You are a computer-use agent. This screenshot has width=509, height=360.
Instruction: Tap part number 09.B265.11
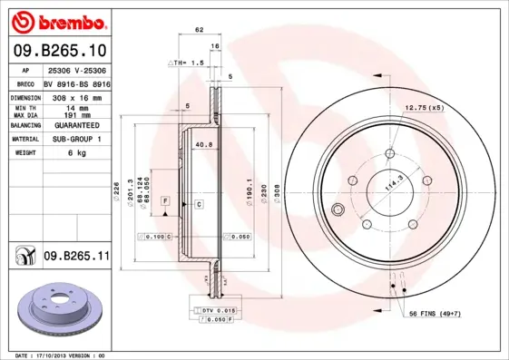click(x=76, y=258)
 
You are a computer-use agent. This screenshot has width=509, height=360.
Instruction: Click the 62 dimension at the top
click(x=198, y=31)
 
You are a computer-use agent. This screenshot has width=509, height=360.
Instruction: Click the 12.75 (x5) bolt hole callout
click(x=423, y=107)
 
